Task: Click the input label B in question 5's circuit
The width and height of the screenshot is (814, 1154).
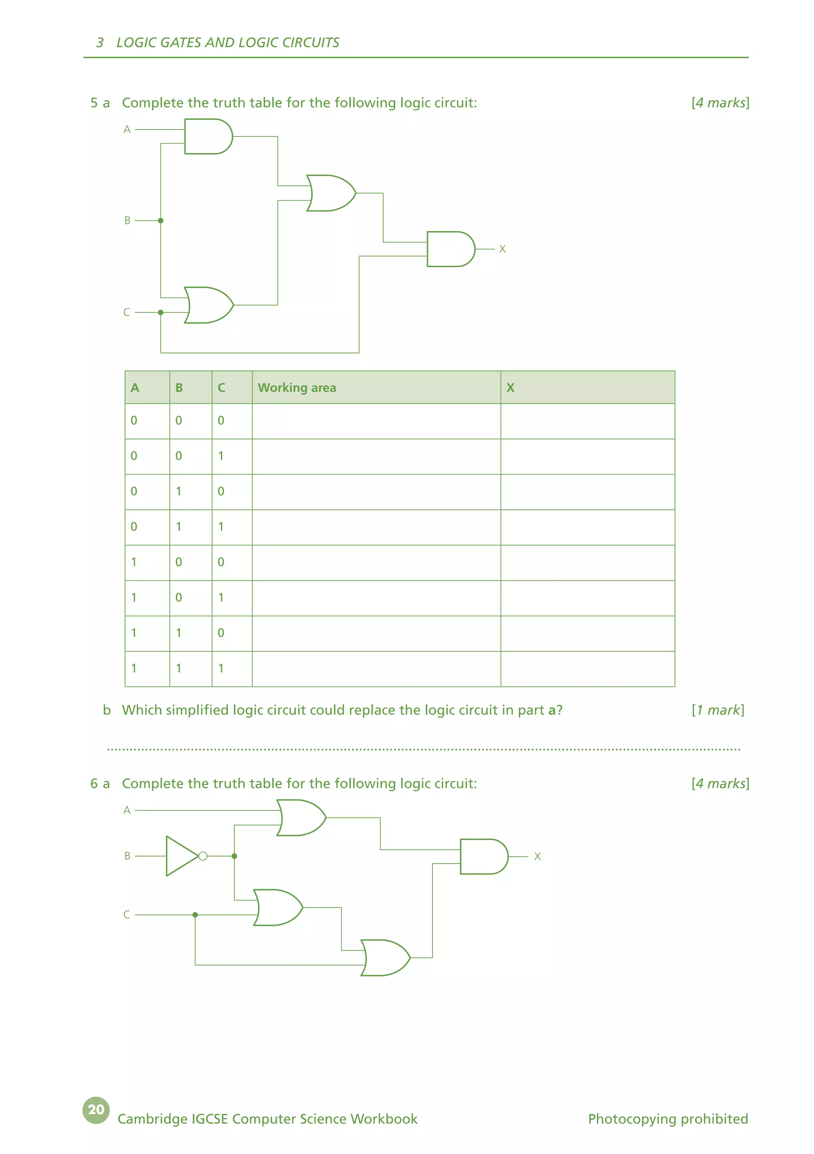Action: [127, 221]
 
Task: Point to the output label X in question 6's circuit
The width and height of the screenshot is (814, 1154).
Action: [537, 857]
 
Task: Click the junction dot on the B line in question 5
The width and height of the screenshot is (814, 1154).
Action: [161, 221]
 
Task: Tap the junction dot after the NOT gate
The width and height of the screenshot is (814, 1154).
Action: [234, 856]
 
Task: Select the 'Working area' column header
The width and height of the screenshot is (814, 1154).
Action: [297, 387]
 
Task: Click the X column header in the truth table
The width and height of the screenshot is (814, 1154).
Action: [510, 387]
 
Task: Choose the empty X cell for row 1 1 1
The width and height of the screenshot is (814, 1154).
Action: [587, 669]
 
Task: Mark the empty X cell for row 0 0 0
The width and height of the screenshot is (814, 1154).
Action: [587, 421]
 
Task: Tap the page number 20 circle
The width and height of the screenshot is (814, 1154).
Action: [96, 1109]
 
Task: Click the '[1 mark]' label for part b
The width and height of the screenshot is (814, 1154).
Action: [717, 710]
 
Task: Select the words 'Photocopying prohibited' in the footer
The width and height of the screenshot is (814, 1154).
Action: [668, 1119]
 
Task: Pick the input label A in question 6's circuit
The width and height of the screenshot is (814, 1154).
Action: [127, 810]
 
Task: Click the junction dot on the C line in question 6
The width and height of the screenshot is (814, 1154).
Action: [195, 915]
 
